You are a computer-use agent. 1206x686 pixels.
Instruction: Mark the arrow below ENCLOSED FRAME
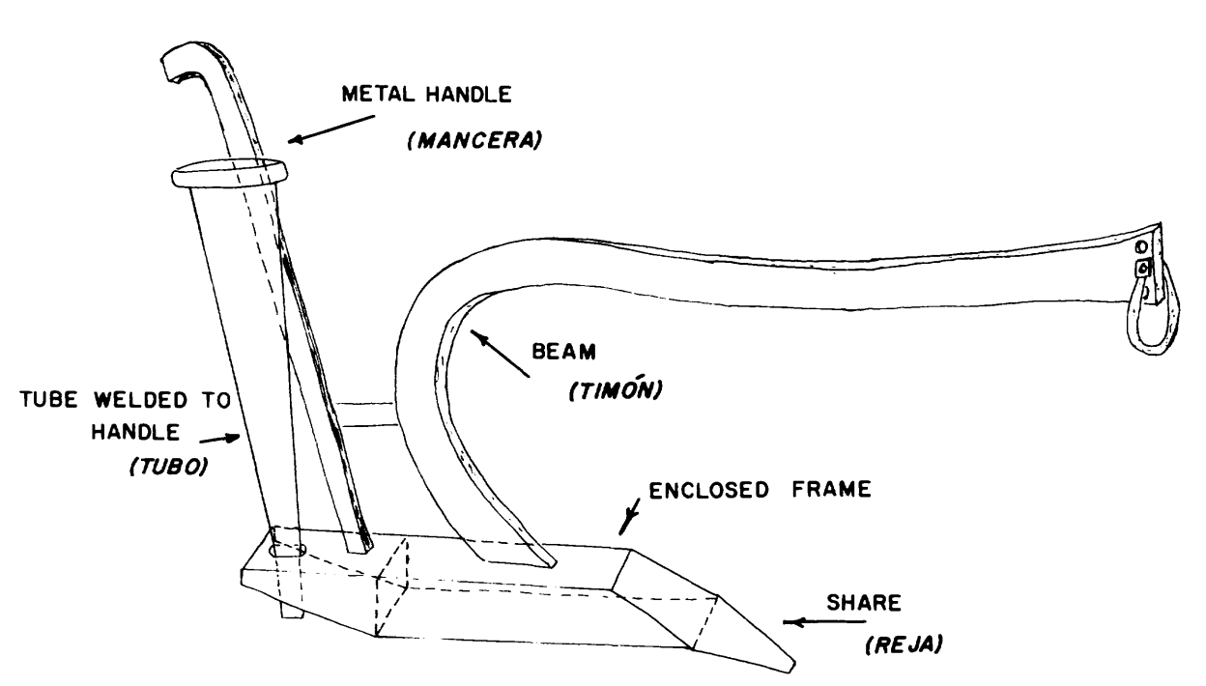[630, 520]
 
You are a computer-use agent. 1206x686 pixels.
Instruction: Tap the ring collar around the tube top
[230, 175]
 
